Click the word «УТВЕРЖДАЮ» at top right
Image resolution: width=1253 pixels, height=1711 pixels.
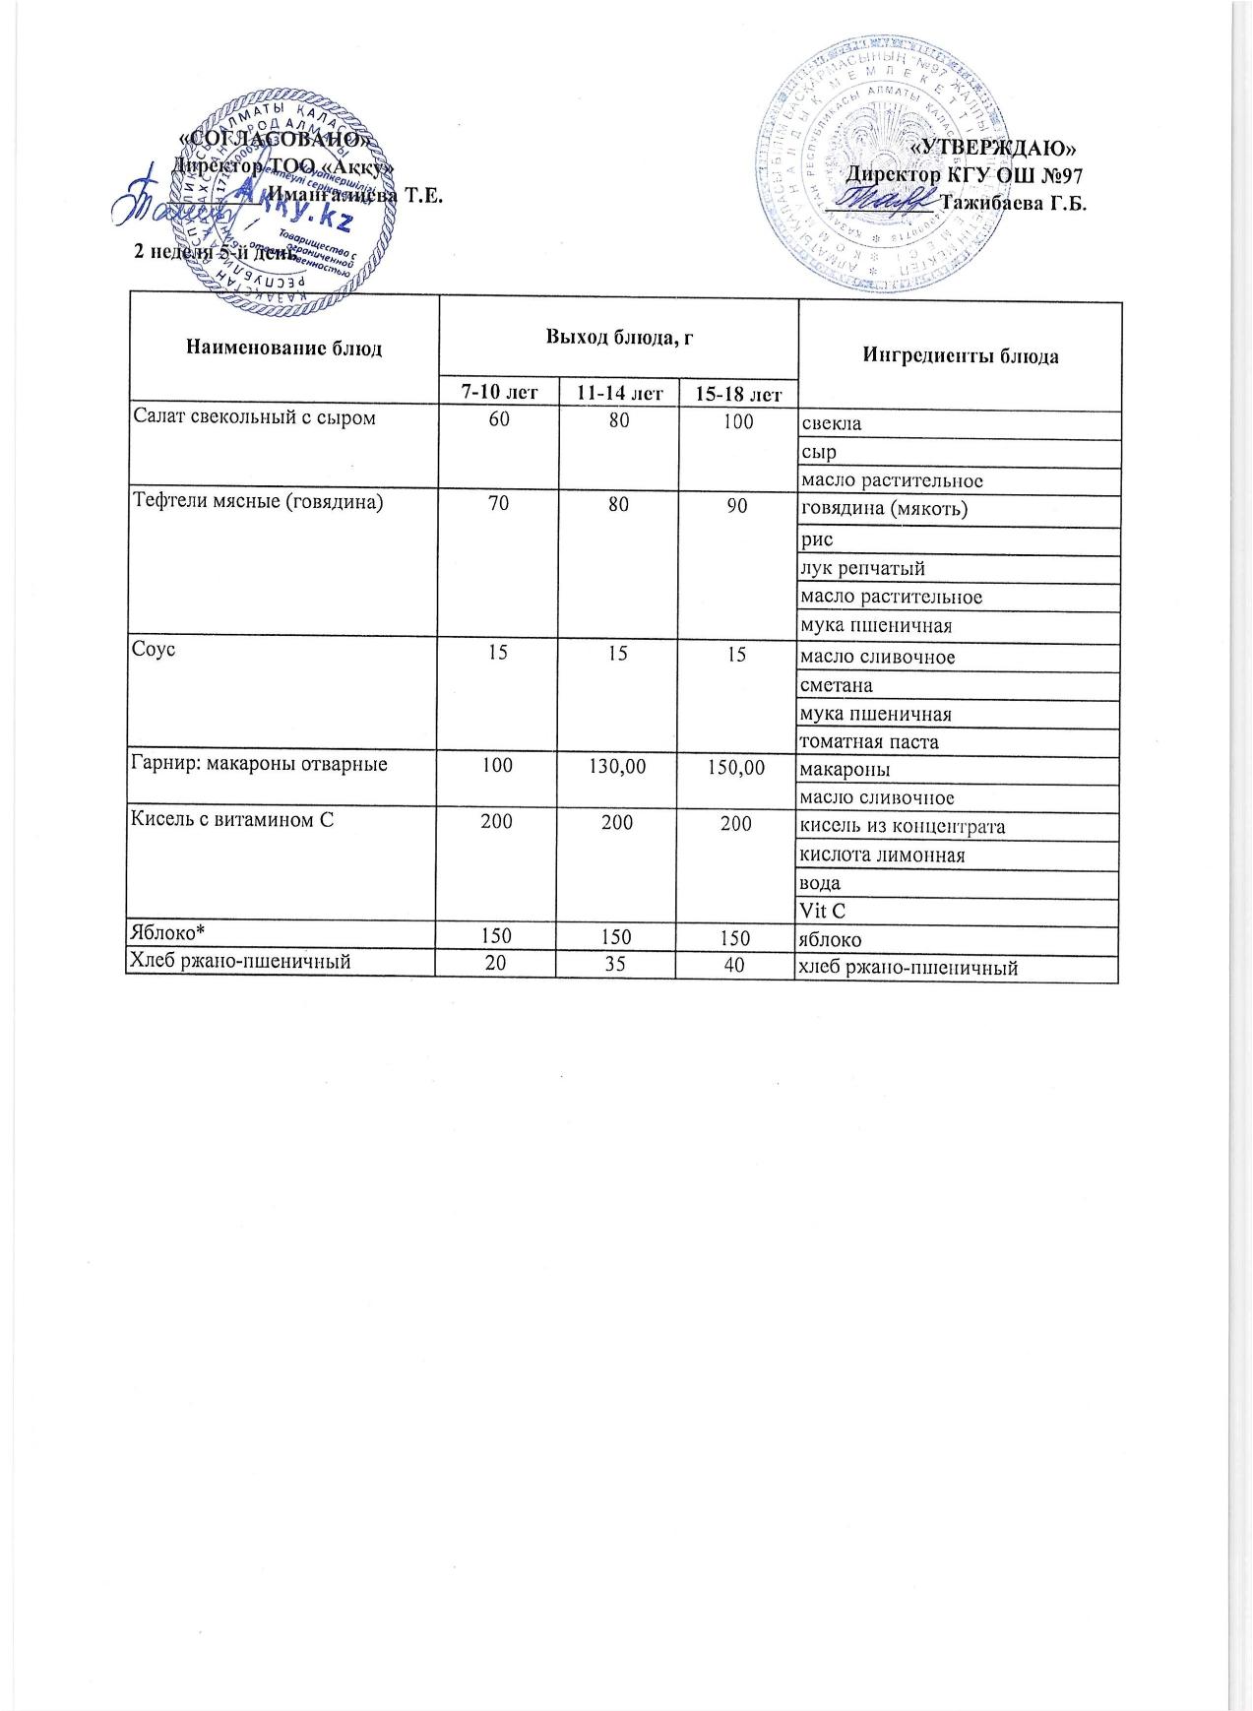(x=994, y=149)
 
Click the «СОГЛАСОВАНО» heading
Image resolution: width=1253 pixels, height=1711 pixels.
(x=278, y=139)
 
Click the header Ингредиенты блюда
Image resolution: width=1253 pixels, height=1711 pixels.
(x=960, y=356)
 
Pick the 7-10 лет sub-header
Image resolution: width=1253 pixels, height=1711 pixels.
(x=497, y=393)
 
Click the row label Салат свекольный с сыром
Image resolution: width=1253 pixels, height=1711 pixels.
(x=254, y=418)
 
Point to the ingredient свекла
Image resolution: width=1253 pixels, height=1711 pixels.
(x=831, y=424)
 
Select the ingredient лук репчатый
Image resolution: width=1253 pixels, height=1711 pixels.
(x=862, y=569)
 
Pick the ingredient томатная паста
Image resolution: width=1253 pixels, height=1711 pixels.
(x=869, y=741)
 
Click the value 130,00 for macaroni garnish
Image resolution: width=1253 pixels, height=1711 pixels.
(x=617, y=765)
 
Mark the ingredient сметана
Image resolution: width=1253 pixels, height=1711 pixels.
(x=837, y=684)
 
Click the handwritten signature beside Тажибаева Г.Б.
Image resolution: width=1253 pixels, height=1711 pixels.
(x=881, y=201)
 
